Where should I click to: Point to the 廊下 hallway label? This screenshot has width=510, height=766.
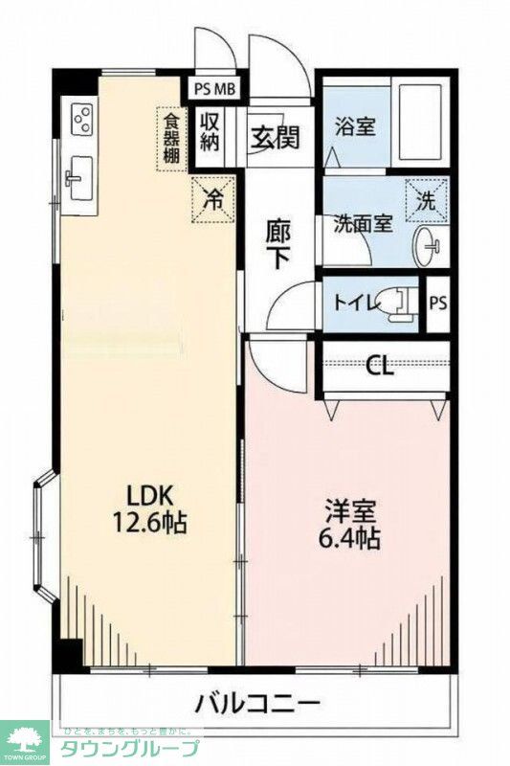click(x=279, y=242)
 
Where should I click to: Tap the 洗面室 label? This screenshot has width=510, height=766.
click(x=362, y=224)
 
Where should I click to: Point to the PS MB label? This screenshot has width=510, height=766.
click(x=215, y=90)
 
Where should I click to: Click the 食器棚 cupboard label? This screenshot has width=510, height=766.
click(x=170, y=140)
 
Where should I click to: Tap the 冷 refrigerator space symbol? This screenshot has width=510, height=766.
click(x=214, y=199)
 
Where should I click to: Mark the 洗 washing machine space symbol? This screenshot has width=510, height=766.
click(x=427, y=201)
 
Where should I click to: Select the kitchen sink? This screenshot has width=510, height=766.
click(x=78, y=179)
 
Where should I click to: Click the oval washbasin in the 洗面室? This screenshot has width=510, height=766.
click(x=426, y=245)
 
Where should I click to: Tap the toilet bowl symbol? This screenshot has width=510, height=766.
click(x=398, y=303)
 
